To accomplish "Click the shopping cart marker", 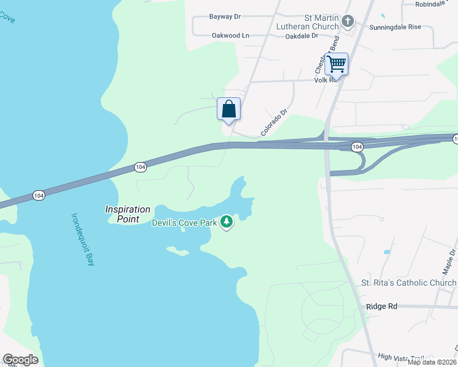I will pyautogui.click(x=336, y=63).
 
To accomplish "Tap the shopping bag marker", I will pyautogui.click(x=228, y=109).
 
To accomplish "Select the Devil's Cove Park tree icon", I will pyautogui.click(x=227, y=221).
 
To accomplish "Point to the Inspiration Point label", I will pyautogui.click(x=128, y=214).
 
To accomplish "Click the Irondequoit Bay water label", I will pyautogui.click(x=83, y=239).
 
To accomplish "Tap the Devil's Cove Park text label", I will pyautogui.click(x=184, y=223).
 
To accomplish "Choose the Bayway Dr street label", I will pyautogui.click(x=226, y=17).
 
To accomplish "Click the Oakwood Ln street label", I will pyautogui.click(x=230, y=35).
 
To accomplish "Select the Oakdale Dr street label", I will pyautogui.click(x=302, y=36).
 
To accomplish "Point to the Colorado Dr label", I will pyautogui.click(x=274, y=122).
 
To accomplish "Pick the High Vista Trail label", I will pyautogui.click(x=401, y=357).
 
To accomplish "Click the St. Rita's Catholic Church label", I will pyautogui.click(x=408, y=283).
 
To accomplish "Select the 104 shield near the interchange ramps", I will pyautogui.click(x=358, y=147).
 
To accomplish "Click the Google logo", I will pyautogui.click(x=20, y=360).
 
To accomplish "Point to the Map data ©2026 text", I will pyautogui.click(x=432, y=362).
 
